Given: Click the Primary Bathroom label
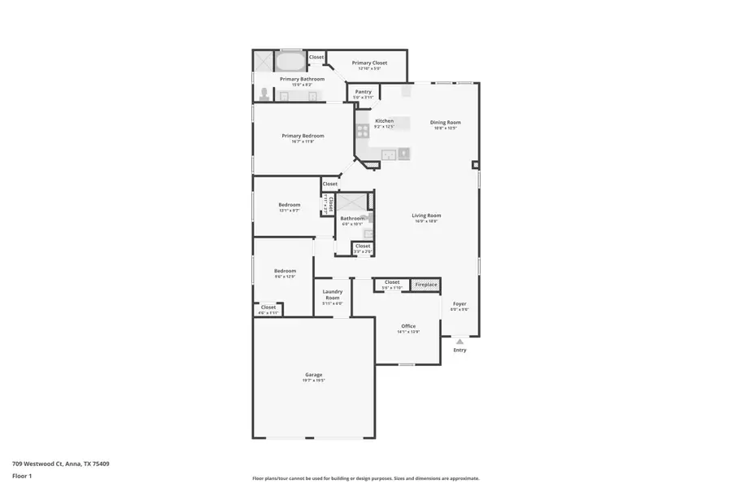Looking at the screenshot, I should coord(303,79).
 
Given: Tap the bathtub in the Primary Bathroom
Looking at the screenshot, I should coord(290,61).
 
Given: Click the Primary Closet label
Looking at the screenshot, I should coord(369,63).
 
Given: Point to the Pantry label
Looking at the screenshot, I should coord(364,92).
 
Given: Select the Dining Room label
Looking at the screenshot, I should coord(445,123).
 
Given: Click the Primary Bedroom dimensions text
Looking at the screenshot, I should coord(303,142).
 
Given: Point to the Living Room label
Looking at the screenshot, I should coord(426,216).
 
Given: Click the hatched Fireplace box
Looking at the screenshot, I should coord(426,285).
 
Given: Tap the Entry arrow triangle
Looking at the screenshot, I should coord(460,342).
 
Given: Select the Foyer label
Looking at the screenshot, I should coord(460,303).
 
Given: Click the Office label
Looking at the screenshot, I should coord(408,326).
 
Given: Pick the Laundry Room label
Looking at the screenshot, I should coord(332,294).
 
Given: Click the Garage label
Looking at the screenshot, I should coord(314,375).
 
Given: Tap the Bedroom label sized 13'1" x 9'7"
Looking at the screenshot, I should coord(289,204).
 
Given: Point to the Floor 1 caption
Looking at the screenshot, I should coord(21,476).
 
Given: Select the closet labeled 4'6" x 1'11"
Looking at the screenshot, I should coord(268,309).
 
